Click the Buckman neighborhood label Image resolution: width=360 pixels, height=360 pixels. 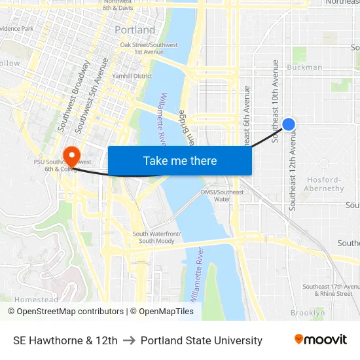pyautogui.click(x=304, y=67)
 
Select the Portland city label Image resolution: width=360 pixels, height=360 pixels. pyautogui.click(x=135, y=30)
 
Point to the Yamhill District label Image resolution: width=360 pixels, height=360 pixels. pyautogui.click(x=132, y=76)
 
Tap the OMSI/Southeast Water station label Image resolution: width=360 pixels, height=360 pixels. pyautogui.click(x=222, y=196)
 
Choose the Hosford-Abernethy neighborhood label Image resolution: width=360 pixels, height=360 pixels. pyautogui.click(x=324, y=184)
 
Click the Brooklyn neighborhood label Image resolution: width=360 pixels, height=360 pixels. pyautogui.click(x=308, y=313)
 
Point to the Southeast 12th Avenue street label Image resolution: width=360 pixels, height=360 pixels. pyautogui.click(x=293, y=169)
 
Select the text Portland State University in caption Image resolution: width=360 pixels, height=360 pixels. pyautogui.click(x=201, y=340)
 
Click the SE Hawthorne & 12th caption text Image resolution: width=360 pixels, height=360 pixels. pyautogui.click(x=65, y=340)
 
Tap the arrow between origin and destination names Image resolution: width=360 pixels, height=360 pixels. pyautogui.click(x=129, y=340)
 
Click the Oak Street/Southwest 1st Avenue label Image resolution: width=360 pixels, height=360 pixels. pyautogui.click(x=149, y=48)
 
